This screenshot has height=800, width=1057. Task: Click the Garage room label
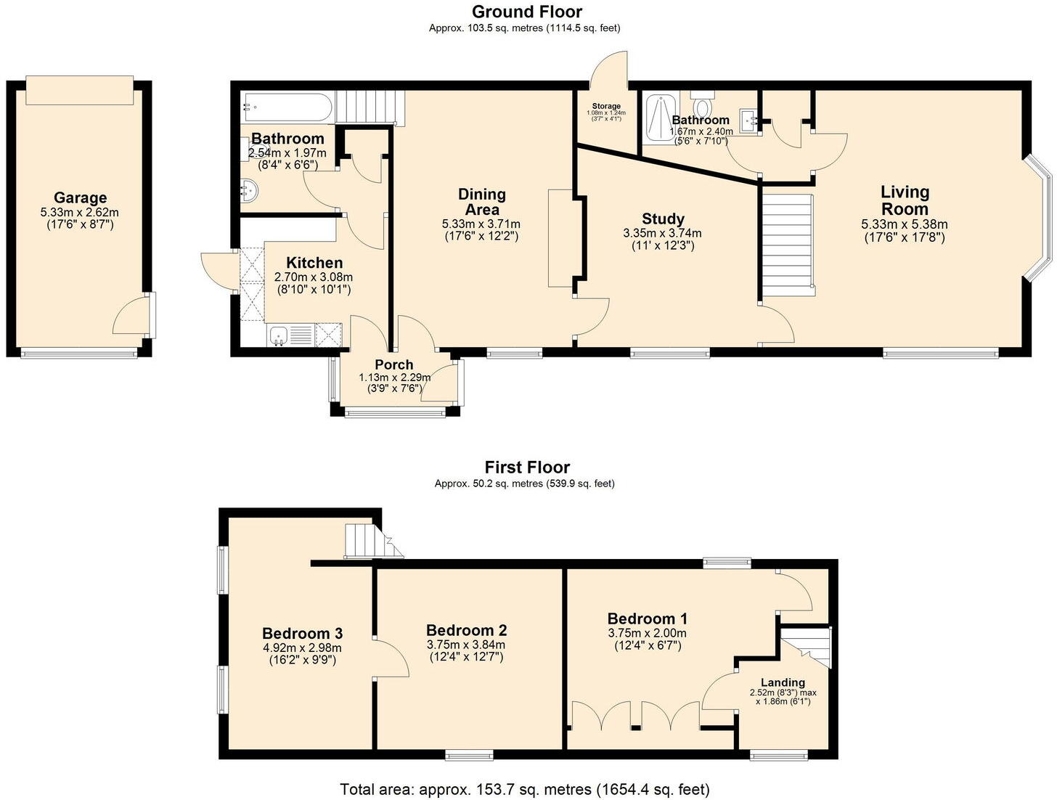(80, 197)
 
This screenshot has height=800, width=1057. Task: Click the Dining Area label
(481, 202)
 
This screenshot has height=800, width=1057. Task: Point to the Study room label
(663, 219)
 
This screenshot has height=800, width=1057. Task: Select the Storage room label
(605, 106)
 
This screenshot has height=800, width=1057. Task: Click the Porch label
(393, 364)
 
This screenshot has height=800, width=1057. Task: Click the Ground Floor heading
(526, 12)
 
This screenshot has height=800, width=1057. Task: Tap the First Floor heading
(527, 467)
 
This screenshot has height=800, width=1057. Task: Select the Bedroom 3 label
(302, 633)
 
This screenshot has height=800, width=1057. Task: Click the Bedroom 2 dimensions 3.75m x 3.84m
(466, 645)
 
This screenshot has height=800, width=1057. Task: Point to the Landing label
(783, 682)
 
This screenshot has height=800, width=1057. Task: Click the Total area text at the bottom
(525, 788)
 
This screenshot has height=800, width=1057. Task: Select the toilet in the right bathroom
(702, 95)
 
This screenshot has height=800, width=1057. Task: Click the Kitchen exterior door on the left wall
(216, 269)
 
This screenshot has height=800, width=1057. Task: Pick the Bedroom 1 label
(647, 619)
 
